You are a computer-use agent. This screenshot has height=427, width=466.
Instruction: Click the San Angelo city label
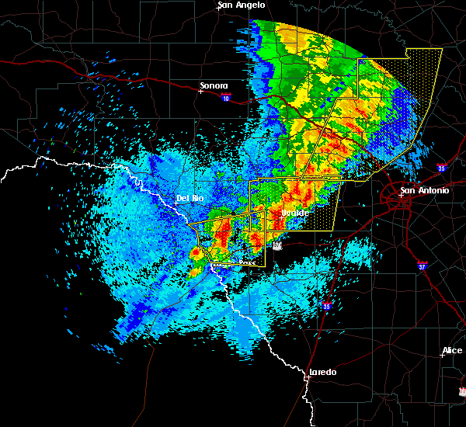[x=242, y=5]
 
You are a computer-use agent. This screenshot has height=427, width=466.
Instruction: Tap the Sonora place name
[x=214, y=85]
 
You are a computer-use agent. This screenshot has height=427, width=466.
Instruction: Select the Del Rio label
[x=190, y=198]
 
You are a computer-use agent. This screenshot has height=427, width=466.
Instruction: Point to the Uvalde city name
[x=295, y=212]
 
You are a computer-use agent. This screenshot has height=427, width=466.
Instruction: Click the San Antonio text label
[x=424, y=190]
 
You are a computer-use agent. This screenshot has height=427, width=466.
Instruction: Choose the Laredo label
[x=322, y=372]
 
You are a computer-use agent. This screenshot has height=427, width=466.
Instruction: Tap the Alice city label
[x=452, y=351]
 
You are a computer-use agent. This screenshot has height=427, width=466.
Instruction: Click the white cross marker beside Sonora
[x=200, y=91]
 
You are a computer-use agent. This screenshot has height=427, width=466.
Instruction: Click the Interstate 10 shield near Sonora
[x=225, y=98]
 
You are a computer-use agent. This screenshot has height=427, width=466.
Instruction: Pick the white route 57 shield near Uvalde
[x=277, y=245]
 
